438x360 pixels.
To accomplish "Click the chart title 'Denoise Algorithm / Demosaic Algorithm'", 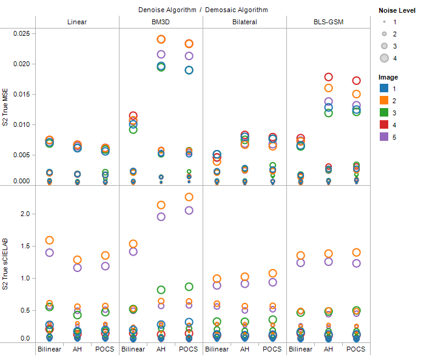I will [203, 10].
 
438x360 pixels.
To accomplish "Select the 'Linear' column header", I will [77, 22].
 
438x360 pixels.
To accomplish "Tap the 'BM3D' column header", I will [161, 22].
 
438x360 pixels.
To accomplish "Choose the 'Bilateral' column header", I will [244, 22].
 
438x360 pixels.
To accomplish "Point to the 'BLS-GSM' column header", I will [328, 22].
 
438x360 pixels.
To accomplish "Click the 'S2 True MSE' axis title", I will [6, 107].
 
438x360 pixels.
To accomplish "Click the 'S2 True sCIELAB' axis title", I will [6, 263].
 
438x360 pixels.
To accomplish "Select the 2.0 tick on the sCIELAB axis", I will [24, 214].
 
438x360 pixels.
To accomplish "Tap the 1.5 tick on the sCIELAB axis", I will [24, 246].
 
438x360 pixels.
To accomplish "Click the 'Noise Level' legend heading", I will [397, 10].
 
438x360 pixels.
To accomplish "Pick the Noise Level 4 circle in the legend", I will [384, 58].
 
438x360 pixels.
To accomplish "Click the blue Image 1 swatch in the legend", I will [384, 89].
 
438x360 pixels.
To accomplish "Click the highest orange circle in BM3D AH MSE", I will [161, 39].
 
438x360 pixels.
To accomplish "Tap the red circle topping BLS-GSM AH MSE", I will [328, 77].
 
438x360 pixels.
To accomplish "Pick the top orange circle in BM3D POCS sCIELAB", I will [189, 197].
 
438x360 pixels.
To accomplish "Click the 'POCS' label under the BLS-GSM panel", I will [356, 349].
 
